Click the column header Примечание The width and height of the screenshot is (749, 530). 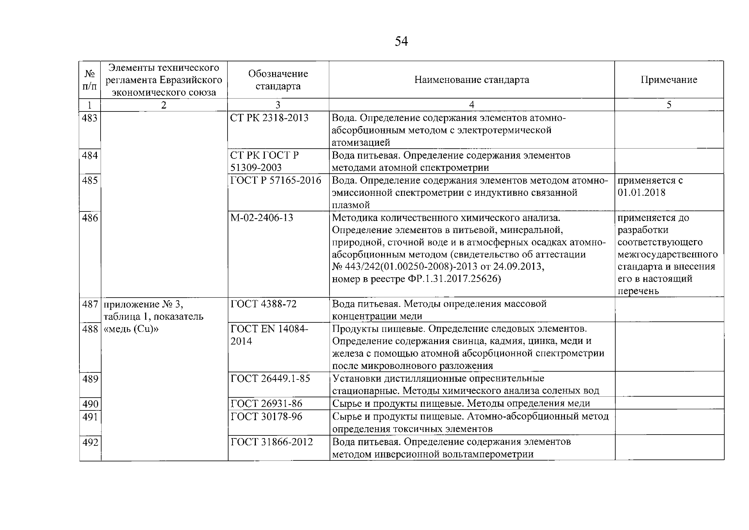669,80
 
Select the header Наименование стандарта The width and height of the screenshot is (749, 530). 472,80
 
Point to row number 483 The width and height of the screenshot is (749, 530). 90,118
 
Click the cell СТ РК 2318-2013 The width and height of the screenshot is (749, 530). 269,118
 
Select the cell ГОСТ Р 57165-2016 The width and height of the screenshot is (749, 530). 276,180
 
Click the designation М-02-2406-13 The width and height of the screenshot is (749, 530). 262,218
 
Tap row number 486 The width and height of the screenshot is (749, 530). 90,218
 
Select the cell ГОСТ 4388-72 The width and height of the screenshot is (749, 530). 264,304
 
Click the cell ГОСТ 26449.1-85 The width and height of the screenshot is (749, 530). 270,378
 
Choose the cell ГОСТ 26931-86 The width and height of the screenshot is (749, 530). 266,404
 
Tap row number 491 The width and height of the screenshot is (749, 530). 90,417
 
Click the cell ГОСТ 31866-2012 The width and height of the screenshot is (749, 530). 271,442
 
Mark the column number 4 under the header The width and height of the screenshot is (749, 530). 472,105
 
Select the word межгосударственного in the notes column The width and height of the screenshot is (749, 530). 667,254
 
